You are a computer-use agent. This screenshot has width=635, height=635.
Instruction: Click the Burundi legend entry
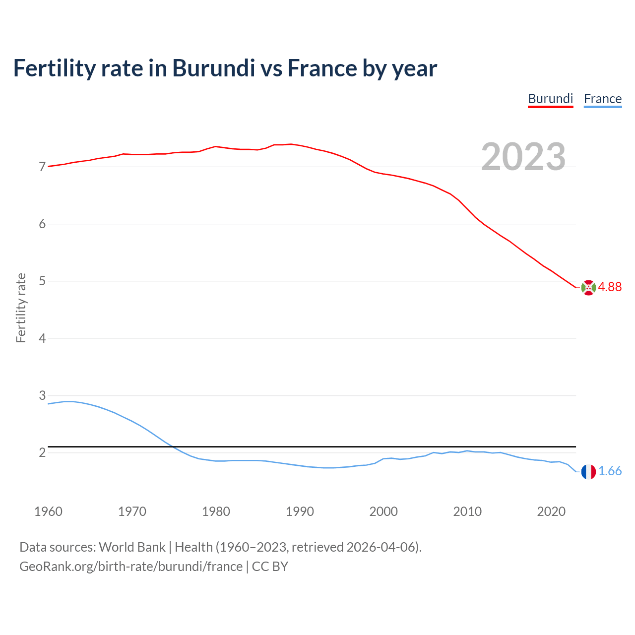pos(550,99)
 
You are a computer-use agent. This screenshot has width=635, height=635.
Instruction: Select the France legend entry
pos(602,99)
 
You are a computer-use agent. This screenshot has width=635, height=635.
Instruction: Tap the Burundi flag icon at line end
pos(588,287)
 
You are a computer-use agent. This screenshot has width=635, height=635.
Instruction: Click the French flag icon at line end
pos(588,472)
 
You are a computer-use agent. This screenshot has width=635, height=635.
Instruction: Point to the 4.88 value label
pos(610,287)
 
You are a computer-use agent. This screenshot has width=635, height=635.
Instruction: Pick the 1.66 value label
pos(610,471)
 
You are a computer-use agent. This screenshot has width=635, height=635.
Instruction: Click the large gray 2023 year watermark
pos(523,157)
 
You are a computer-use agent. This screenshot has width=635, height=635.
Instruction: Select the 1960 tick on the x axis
pos(48,511)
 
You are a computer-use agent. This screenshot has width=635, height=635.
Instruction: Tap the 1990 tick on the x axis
pos(300,511)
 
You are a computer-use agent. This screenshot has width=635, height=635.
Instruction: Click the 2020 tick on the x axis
pos(551,511)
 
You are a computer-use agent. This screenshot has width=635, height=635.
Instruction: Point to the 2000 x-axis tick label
pos(383,511)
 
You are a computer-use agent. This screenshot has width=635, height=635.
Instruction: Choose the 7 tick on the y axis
pos(42,167)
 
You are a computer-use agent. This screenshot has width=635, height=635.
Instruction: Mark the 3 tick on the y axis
pos(42,396)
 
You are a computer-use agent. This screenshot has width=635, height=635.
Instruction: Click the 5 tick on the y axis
pos(42,281)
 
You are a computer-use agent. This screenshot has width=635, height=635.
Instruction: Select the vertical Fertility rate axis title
pos(21,308)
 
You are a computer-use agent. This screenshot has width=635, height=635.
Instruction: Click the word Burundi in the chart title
pos(213,68)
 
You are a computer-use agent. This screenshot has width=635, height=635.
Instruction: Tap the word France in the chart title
pos(322,68)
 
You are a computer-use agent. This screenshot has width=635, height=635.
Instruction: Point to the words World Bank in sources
pos(132,547)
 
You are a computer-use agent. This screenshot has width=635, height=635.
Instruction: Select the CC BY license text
pos(270,567)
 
